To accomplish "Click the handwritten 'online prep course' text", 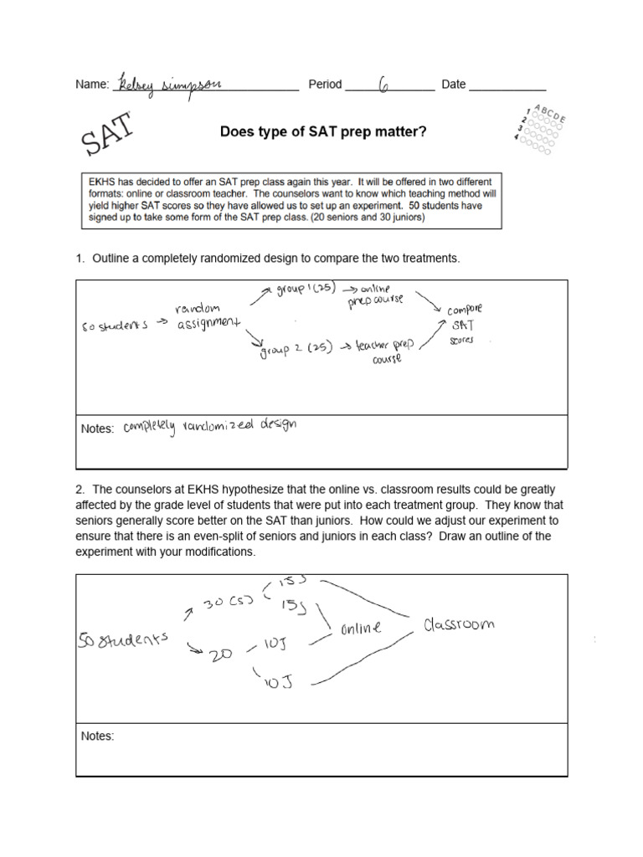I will [376, 294].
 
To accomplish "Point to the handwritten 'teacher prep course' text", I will [386, 349].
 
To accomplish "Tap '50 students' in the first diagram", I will [115, 325].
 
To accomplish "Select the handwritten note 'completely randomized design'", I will [209, 426].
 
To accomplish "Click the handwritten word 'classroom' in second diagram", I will [458, 624].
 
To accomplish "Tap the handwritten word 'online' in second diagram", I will [361, 628].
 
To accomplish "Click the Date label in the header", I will [453, 85].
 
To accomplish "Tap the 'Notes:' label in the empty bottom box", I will [97, 736].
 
